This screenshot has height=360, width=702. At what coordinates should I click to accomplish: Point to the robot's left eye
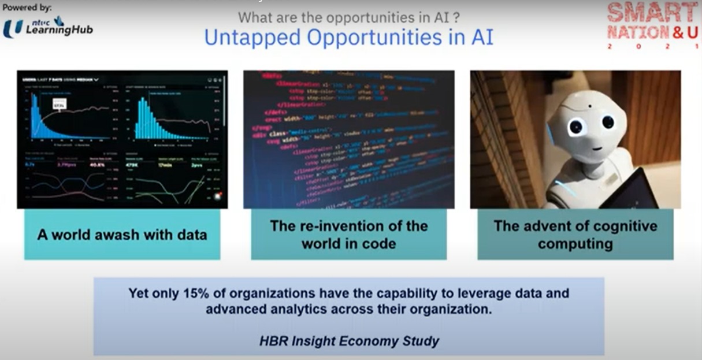tap(608, 122)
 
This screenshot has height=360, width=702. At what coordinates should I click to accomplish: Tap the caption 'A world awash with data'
tap(122, 235)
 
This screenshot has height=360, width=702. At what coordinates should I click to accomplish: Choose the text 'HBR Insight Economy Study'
tap(349, 340)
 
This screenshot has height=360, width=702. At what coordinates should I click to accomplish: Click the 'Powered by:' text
tap(27, 8)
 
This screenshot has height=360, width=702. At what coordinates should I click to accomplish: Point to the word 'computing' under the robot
tap(575, 243)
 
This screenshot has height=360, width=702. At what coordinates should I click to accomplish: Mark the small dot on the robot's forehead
tap(590, 105)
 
